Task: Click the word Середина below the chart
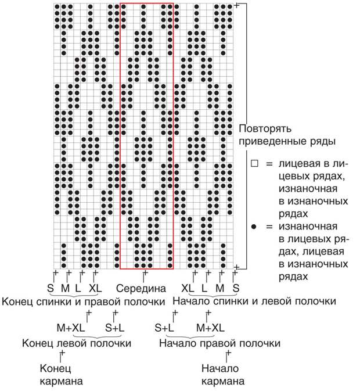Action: (141, 288)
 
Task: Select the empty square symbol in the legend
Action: (254, 164)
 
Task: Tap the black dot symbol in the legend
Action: (254, 227)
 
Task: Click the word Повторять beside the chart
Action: (265, 129)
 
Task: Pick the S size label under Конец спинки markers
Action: (51, 288)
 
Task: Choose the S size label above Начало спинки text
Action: (236, 288)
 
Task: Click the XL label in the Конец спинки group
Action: (95, 288)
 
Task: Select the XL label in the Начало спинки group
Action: (188, 288)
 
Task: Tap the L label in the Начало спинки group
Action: (204, 288)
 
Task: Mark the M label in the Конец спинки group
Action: (65, 288)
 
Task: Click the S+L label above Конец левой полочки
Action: (114, 328)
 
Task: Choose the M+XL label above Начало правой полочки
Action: (211, 328)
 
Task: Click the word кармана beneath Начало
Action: (223, 381)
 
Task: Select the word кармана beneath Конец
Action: (62, 381)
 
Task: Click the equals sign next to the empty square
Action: (269, 164)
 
